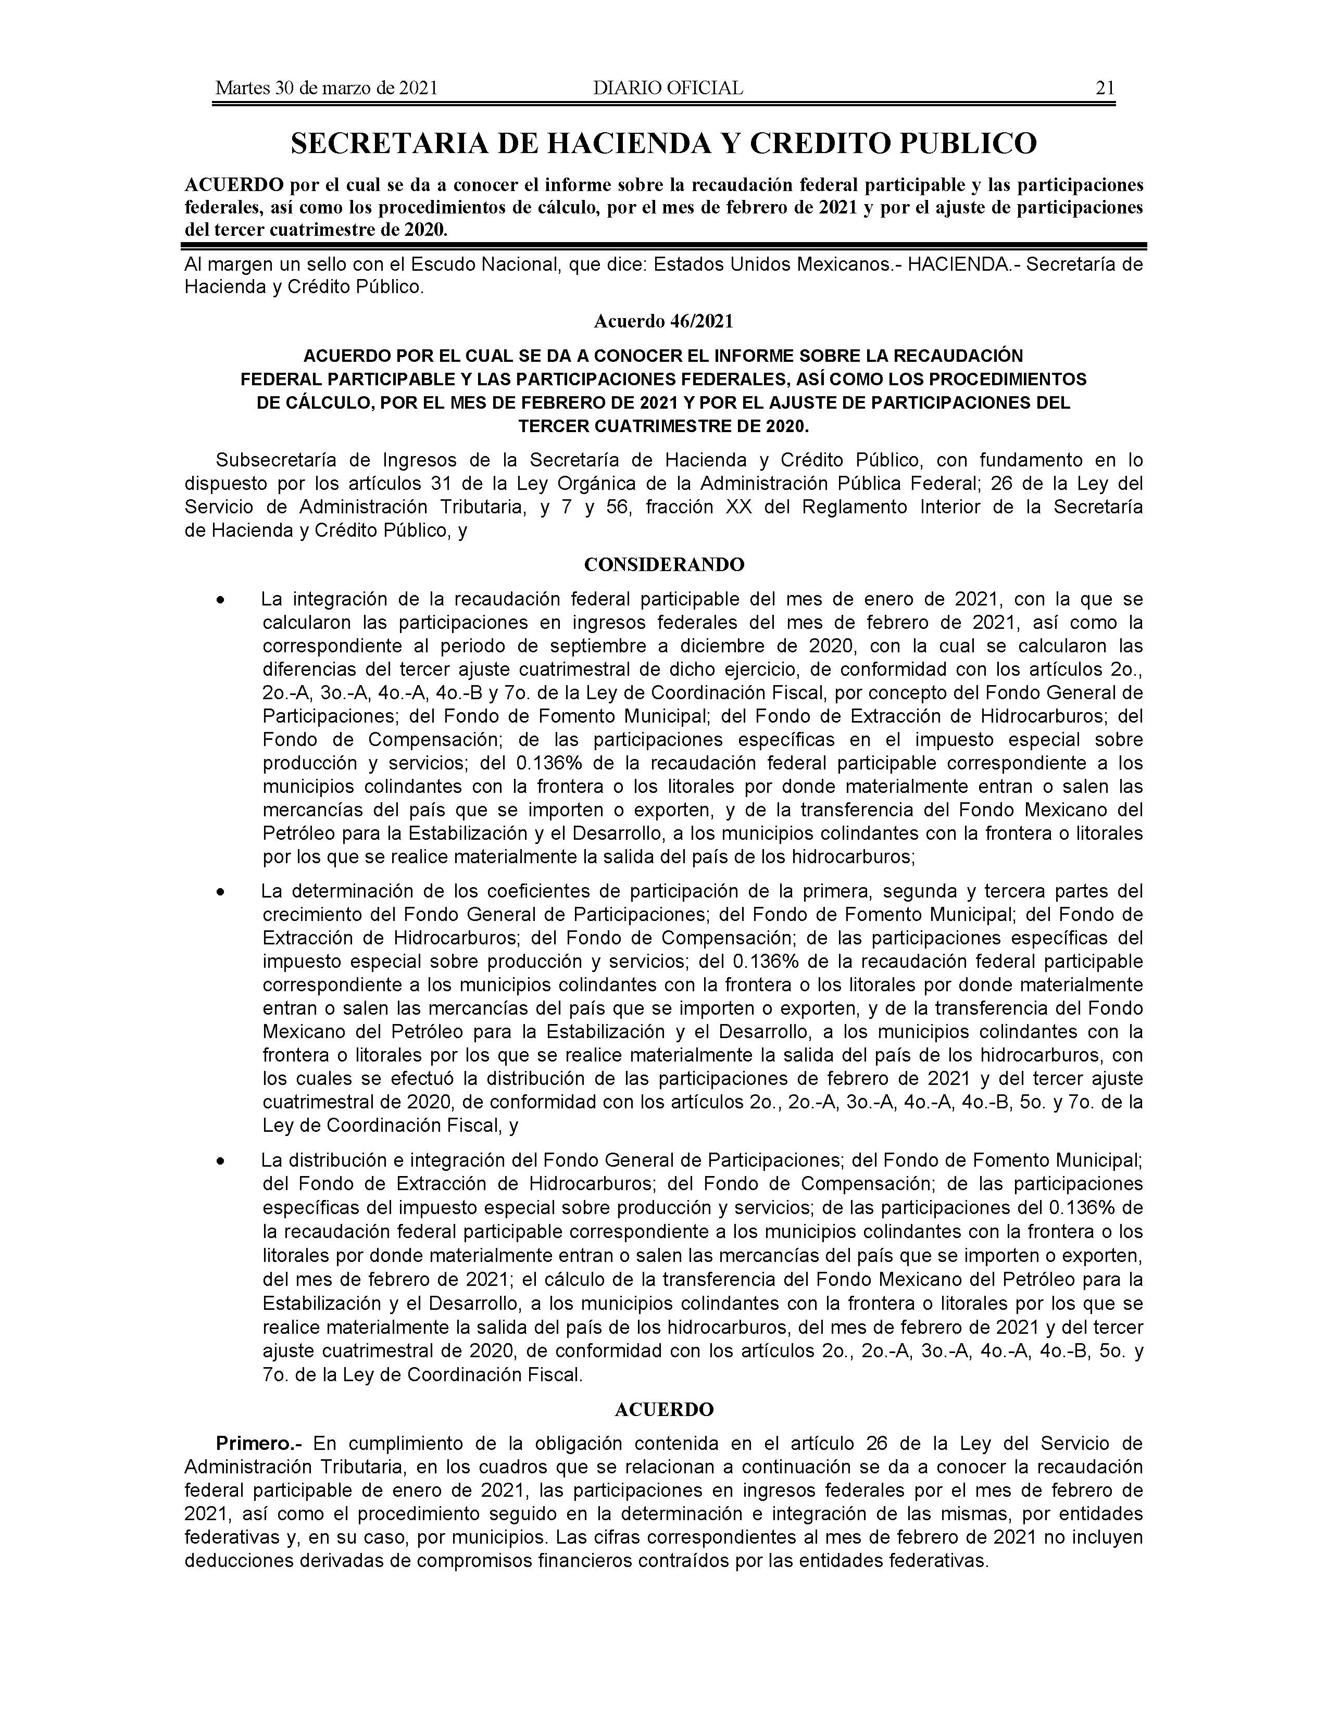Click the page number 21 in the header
click(1105, 88)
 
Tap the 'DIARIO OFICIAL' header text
click(668, 88)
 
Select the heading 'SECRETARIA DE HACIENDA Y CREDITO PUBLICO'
click(663, 143)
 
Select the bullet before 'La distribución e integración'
click(223, 1161)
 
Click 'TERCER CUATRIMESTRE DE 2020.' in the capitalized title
click(663, 426)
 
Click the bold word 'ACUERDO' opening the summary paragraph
click(234, 186)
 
